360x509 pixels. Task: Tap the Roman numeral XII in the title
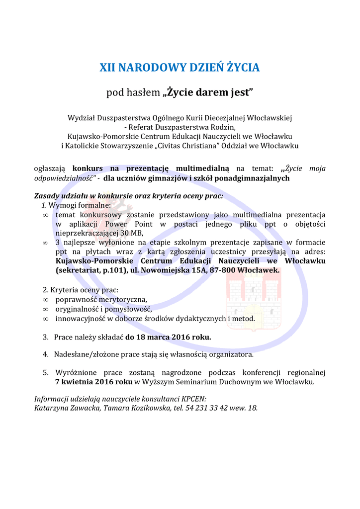pyautogui.click(x=108, y=68)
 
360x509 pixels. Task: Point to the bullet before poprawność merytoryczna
pyautogui.click(x=45, y=300)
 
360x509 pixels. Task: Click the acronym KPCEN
pyautogui.click(x=193, y=399)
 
